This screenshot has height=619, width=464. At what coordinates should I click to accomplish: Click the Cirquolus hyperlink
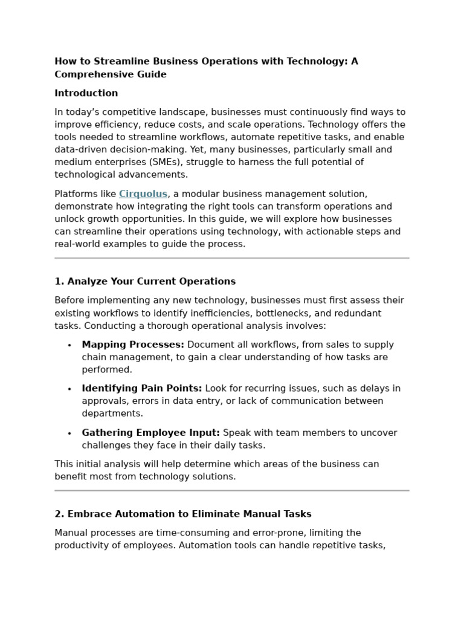143,194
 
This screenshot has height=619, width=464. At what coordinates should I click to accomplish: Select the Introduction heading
86,93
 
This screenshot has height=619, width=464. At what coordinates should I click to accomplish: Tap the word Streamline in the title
120,61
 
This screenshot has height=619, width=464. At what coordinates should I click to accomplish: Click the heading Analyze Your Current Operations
145,281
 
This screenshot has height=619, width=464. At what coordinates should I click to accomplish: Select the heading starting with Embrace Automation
183,514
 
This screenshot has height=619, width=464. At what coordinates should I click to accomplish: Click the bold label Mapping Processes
133,345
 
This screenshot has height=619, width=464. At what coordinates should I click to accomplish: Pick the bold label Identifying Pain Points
142,388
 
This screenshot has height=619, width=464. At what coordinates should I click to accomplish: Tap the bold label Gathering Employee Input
151,432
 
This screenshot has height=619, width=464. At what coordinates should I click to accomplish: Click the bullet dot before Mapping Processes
69,345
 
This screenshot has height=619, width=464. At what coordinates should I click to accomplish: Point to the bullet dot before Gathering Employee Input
69,433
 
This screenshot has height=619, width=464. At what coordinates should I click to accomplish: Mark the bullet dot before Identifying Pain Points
69,389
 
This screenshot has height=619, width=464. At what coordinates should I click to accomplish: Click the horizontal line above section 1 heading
232,258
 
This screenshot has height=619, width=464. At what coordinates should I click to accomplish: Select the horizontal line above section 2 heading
232,491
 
